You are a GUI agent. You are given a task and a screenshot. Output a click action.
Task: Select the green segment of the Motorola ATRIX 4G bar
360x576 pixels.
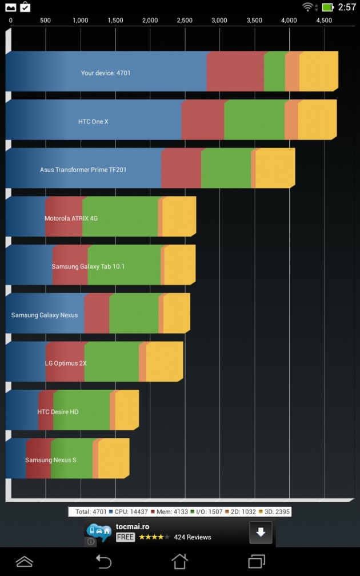[120, 217]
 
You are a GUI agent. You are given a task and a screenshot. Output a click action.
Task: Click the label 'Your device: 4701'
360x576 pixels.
[106, 73]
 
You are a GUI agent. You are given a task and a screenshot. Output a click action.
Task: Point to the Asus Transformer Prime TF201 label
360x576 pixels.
[83, 170]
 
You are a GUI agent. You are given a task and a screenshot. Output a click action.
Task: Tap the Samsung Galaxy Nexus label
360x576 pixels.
[45, 315]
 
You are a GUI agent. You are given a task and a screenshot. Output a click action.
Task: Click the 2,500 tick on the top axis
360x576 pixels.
[185, 21]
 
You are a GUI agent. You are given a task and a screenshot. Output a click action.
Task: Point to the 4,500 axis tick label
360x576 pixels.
[324, 21]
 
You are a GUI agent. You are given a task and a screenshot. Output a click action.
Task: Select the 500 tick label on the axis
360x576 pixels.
[46, 21]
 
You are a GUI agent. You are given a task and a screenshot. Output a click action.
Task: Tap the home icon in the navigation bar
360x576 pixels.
[179, 561]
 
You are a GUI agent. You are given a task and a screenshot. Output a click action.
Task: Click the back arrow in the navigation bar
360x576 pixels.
[103, 561]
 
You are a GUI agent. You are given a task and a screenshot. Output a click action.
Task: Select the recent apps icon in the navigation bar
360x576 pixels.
[257, 561]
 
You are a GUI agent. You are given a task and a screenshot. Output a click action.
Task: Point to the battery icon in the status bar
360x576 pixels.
[327, 7]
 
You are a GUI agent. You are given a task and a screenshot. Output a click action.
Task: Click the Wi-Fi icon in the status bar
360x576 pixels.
[309, 7]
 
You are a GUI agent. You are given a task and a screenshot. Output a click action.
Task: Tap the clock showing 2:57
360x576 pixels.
[347, 7]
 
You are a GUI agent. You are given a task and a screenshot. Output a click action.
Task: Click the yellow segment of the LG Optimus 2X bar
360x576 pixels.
[164, 362]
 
